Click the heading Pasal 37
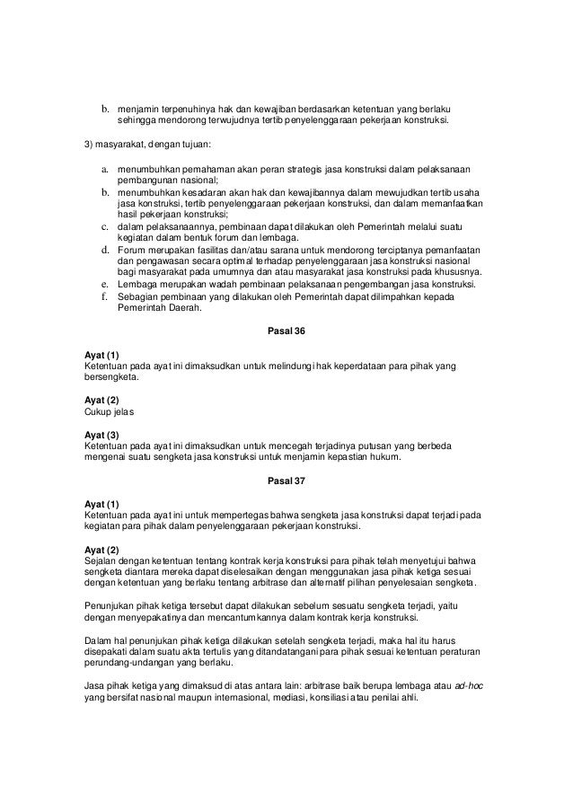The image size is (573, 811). [x=286, y=481]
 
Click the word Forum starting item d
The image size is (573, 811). [x=133, y=248]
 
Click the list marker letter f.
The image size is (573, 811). [x=104, y=296]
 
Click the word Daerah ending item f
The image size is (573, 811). [x=186, y=309]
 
